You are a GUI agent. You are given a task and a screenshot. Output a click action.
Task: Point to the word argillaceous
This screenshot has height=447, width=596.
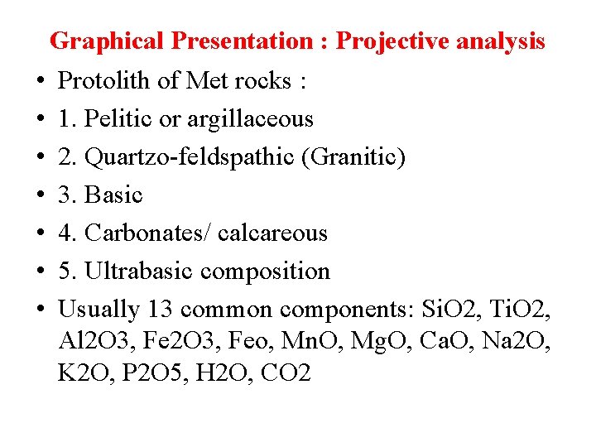click(x=250, y=118)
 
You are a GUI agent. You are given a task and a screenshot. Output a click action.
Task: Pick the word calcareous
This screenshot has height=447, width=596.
click(x=272, y=233)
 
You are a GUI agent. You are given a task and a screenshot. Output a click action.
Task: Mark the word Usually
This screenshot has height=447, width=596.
click(x=99, y=309)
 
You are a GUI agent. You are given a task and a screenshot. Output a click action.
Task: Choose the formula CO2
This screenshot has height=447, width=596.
click(x=285, y=372)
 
